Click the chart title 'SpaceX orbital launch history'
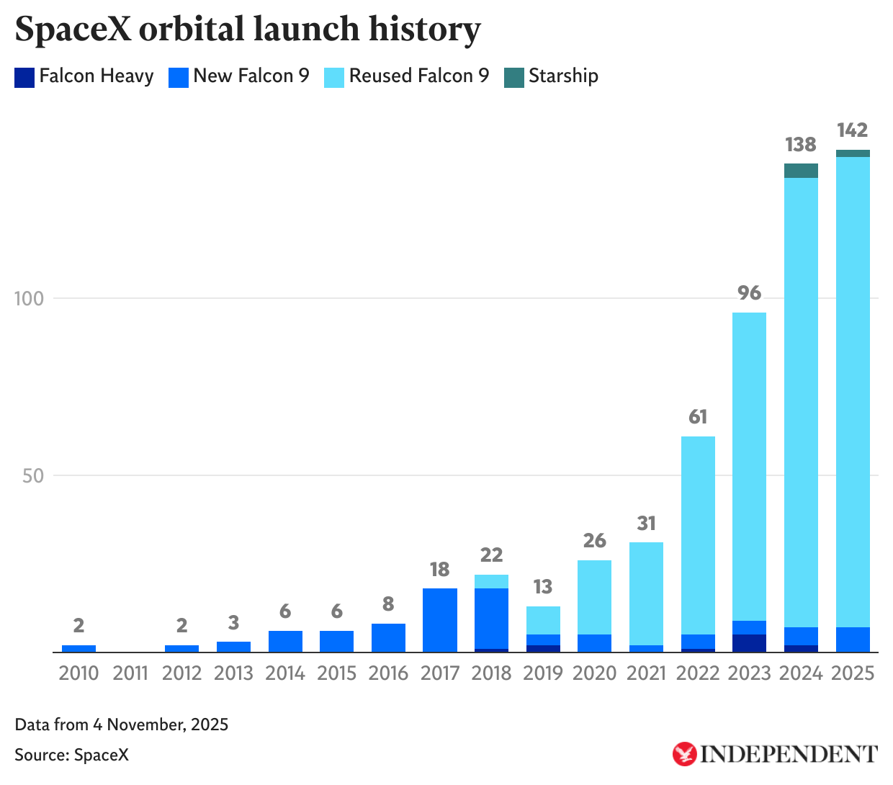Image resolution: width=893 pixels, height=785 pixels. point(247,30)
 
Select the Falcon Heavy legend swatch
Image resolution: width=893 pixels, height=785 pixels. point(24,77)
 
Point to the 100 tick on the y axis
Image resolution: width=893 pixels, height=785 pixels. point(30,298)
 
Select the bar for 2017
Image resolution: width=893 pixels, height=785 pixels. point(440,620)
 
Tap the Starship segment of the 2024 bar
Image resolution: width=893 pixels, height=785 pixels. point(801,171)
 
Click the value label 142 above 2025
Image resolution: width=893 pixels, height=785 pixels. point(852,130)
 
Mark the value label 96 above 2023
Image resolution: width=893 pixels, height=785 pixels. point(749,293)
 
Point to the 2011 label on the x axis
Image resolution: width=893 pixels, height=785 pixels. point(130,673)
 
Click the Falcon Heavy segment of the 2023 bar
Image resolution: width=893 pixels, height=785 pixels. point(749,643)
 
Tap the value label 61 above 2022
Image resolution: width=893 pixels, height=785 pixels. point(698,417)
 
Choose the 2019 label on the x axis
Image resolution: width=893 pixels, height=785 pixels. point(543,673)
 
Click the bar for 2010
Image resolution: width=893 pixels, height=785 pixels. point(78,649)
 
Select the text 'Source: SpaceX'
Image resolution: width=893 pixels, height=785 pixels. point(71,755)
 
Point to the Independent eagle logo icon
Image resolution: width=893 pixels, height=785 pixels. point(684,754)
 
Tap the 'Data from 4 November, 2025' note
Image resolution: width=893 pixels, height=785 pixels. point(121,725)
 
